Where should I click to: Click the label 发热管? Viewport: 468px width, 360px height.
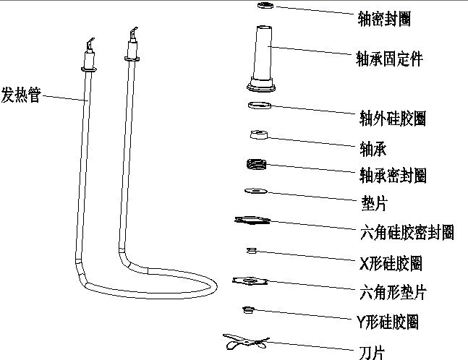click(x=21, y=94)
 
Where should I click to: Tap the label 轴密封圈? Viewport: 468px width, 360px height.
click(x=384, y=20)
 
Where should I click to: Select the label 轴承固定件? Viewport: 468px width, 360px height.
click(x=390, y=59)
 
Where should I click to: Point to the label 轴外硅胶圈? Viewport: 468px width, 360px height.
click(x=392, y=118)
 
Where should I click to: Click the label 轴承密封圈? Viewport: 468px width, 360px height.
click(x=392, y=176)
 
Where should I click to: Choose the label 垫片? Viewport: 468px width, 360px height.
click(x=374, y=204)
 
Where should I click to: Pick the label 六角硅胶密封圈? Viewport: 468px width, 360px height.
click(x=406, y=232)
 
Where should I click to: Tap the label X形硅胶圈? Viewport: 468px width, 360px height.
click(x=390, y=262)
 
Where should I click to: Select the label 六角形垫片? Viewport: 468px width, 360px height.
click(x=392, y=292)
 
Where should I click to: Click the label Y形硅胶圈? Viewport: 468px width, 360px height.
click(x=388, y=322)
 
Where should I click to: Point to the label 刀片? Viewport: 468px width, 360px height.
click(x=373, y=352)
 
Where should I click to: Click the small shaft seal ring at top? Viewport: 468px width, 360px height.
click(x=265, y=7)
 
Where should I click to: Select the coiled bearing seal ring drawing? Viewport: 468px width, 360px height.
click(x=256, y=165)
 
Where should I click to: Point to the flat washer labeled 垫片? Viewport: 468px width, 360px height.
click(x=255, y=191)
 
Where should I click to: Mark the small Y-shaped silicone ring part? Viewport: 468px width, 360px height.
click(x=247, y=309)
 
